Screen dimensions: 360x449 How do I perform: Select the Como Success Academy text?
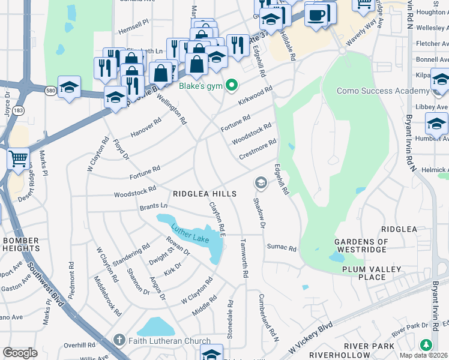click(x=383, y=91)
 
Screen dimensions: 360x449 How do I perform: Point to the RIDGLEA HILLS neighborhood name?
click(x=205, y=194)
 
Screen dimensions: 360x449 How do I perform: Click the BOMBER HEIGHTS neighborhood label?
click(x=21, y=245)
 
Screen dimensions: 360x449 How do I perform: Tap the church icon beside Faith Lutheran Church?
click(x=121, y=340)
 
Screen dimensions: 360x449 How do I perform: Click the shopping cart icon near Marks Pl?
click(x=19, y=159)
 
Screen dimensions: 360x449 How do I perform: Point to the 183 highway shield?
click(x=19, y=110)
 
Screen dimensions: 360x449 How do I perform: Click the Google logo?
click(x=20, y=352)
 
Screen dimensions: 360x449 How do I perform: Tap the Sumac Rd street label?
click(x=282, y=248)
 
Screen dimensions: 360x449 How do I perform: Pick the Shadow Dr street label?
click(x=258, y=214)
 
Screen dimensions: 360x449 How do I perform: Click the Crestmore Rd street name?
click(x=258, y=149)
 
